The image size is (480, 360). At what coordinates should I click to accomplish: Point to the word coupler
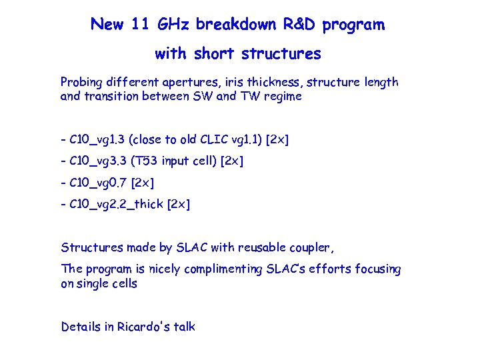(310, 248)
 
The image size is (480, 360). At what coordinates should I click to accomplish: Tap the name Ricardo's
(144, 327)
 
